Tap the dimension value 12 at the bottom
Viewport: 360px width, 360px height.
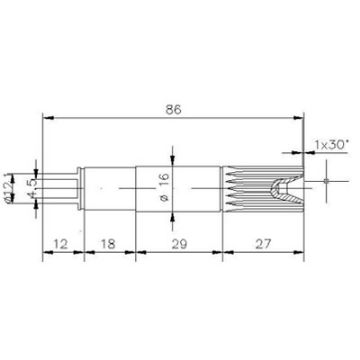tap(61, 242)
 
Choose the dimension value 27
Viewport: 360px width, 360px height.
tap(263, 242)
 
